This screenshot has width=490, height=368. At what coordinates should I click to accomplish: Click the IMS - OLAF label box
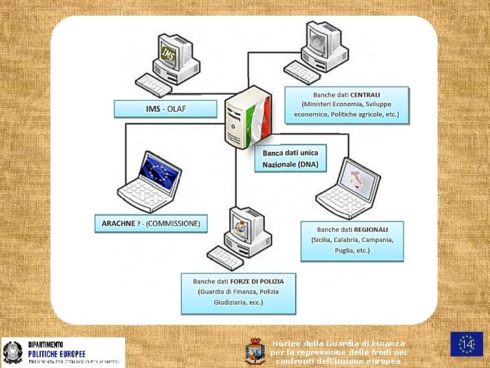165,109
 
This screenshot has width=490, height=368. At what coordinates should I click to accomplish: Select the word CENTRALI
365,94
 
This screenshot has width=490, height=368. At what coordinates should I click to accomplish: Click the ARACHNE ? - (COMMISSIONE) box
151,224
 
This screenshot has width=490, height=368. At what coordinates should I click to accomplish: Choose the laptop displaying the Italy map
348,187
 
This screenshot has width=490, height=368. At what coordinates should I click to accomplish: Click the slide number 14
467,345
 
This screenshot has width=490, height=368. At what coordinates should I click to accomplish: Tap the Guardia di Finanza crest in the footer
255,350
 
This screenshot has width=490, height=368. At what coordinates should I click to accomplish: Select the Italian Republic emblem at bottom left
12,352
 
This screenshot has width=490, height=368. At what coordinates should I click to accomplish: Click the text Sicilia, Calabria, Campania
352,240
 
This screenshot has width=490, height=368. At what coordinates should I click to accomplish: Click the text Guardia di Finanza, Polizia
238,292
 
